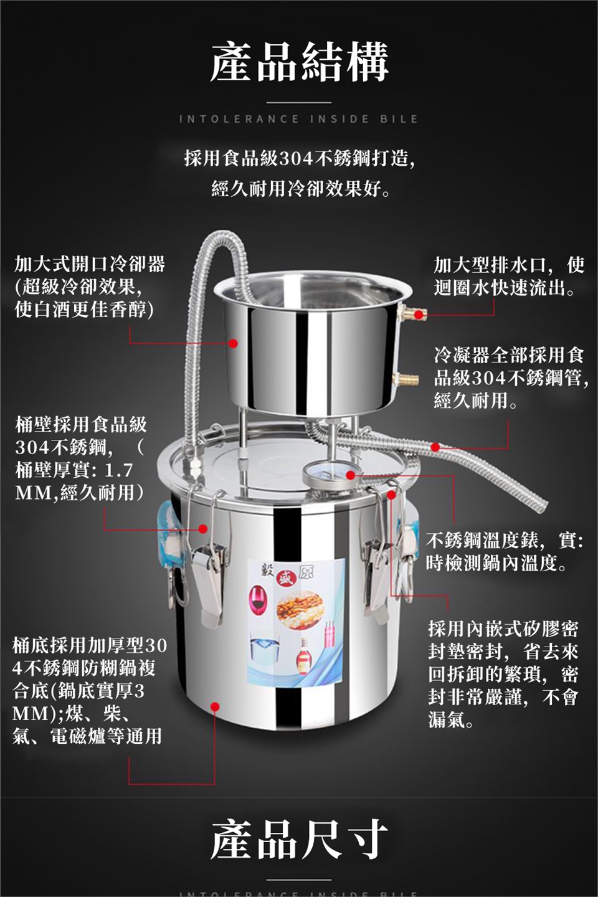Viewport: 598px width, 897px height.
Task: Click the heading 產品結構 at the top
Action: [x=299, y=62]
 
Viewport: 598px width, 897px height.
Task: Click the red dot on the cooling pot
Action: [x=234, y=343]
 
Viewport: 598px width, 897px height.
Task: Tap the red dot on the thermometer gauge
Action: [x=351, y=475]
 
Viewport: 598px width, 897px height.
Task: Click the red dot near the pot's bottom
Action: [x=215, y=706]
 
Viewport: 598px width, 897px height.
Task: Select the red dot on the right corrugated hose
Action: [x=435, y=447]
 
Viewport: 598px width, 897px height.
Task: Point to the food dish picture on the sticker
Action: [x=299, y=606]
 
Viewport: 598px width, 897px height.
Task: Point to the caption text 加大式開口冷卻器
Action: [x=89, y=264]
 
